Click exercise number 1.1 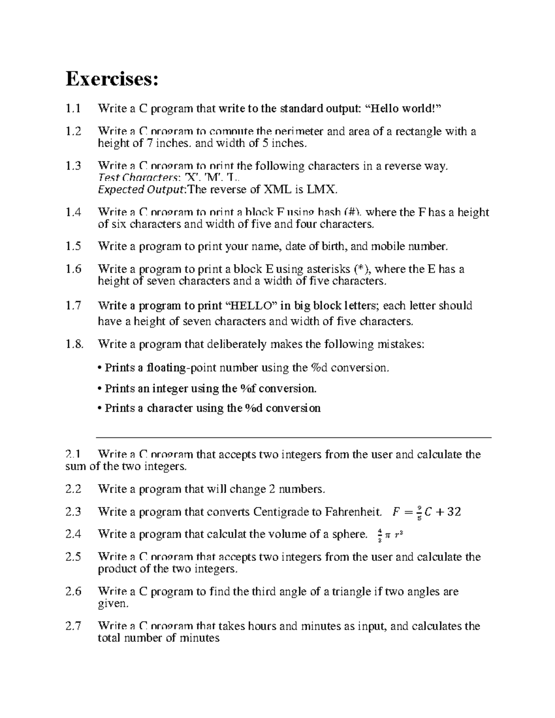(x=74, y=109)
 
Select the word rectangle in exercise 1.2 (x=419, y=131)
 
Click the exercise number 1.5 (x=74, y=246)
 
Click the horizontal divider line (x=293, y=437)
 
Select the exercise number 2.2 (x=74, y=489)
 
